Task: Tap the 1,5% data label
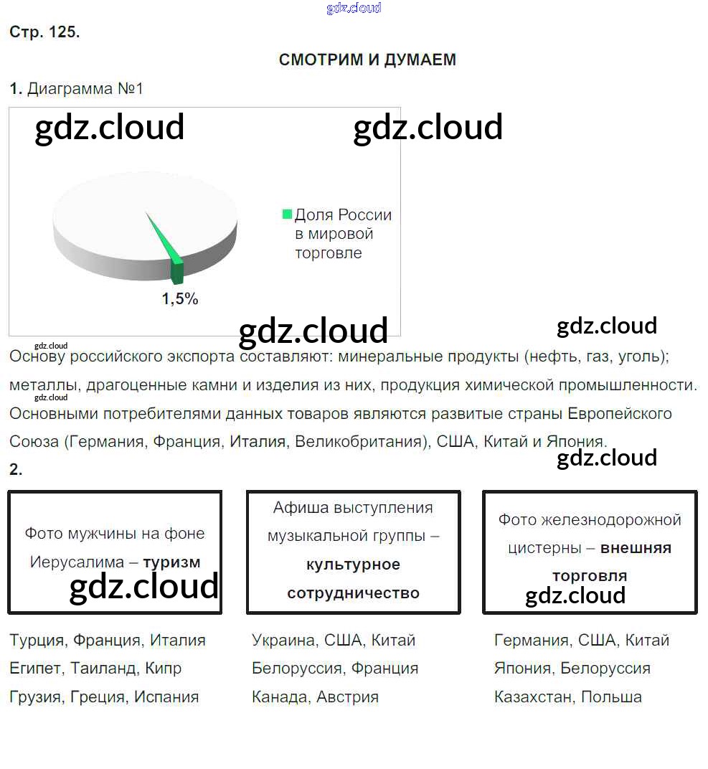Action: (180, 299)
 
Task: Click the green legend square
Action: (288, 214)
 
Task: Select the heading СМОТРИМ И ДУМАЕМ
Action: (367, 60)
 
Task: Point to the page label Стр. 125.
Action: (44, 32)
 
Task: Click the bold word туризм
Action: (171, 562)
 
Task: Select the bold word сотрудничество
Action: (353, 593)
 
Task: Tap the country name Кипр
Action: (163, 668)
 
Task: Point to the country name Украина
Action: (283, 640)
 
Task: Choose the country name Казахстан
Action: (532, 697)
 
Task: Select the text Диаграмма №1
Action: (85, 89)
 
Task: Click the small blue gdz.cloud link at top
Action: (354, 8)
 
